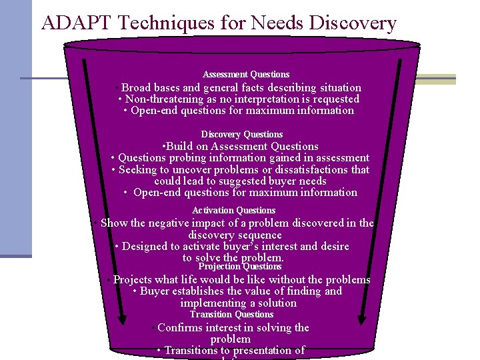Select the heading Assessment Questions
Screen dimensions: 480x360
pyautogui.click(x=246, y=74)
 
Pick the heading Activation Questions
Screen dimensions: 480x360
pyautogui.click(x=233, y=210)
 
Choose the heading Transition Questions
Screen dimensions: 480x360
pyautogui.click(x=231, y=314)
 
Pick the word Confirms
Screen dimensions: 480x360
pyautogui.click(x=182, y=327)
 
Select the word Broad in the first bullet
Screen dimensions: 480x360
pyautogui.click(x=137, y=88)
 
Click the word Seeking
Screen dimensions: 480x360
pyautogui.click(x=139, y=169)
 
